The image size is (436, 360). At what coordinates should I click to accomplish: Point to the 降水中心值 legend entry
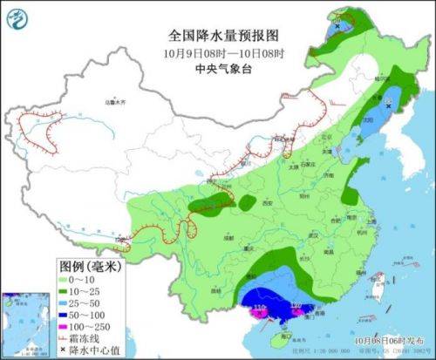(x=92, y=349)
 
